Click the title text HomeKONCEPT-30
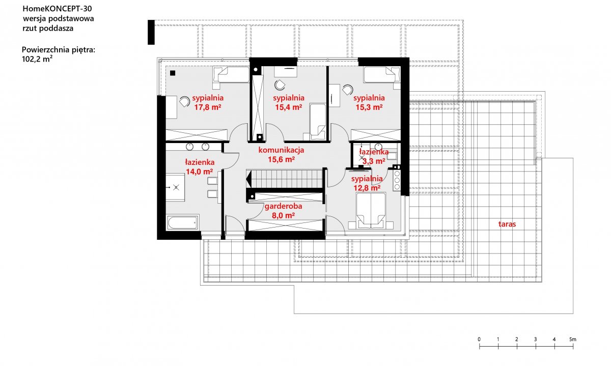57,9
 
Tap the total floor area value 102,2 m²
37,59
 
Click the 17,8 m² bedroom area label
208,107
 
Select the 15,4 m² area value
289,107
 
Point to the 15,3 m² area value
369,107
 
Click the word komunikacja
281,150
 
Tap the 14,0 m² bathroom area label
200,172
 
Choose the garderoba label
283,206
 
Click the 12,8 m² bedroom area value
367,188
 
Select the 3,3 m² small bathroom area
374,161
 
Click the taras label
507,224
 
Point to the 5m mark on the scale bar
573,340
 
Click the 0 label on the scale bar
479,340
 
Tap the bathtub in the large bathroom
182,222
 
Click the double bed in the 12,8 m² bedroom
371,211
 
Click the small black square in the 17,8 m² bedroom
173,73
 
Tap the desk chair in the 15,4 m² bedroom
280,85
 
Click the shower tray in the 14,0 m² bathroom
175,187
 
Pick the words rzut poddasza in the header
48,29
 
